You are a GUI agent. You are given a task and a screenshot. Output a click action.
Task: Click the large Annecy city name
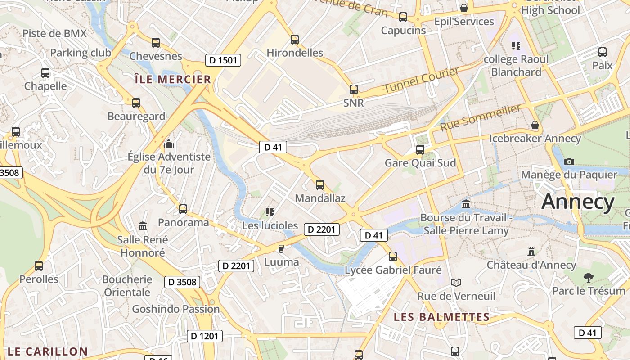tap(578, 202)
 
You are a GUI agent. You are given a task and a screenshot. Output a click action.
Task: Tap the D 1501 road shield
tap(223, 60)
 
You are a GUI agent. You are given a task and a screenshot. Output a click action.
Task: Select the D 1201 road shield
tap(205, 336)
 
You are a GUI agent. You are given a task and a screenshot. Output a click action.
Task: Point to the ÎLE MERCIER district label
tap(173, 80)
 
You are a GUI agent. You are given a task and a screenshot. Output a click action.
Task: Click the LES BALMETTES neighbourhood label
tap(441, 317)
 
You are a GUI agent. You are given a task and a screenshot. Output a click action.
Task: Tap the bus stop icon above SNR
tap(354, 89)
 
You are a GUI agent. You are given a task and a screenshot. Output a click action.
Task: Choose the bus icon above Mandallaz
tap(320, 184)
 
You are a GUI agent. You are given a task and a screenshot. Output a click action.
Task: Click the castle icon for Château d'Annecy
tap(531, 251)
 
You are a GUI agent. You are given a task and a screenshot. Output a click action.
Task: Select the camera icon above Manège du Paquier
tap(569, 161)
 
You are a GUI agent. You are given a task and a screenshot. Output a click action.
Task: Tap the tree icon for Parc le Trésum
tap(588, 277)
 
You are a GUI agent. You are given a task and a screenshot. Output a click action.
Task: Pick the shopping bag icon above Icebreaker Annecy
tap(535, 125)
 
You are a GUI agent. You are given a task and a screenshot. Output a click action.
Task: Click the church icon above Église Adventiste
tap(169, 144)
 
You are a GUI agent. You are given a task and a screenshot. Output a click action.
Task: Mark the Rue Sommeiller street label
tap(480, 117)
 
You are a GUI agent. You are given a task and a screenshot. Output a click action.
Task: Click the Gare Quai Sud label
tap(420, 163)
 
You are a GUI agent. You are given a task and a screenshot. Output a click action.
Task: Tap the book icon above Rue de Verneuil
tap(456, 283)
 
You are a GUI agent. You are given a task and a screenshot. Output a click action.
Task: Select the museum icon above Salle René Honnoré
tap(143, 226)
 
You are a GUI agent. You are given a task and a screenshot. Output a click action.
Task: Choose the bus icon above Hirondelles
tap(295, 40)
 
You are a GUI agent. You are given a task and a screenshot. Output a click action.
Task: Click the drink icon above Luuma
tap(281, 248)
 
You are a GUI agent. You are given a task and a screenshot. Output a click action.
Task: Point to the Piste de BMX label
tap(54, 33)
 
